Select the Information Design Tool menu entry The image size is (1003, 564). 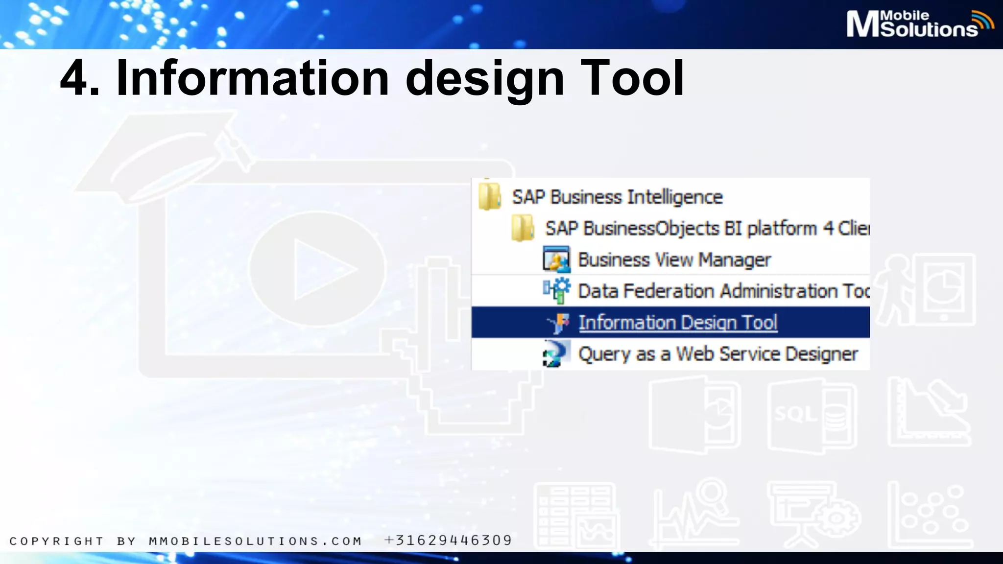(x=678, y=323)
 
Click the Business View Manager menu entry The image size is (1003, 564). (x=674, y=260)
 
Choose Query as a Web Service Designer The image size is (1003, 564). (x=718, y=354)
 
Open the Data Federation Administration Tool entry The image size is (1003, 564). (x=723, y=291)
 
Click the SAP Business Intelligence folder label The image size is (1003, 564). (x=617, y=197)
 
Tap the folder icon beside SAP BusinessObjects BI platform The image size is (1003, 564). (x=523, y=228)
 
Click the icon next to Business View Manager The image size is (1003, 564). (x=556, y=259)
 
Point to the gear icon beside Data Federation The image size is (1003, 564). (x=557, y=290)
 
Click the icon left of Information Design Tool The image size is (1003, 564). (x=558, y=323)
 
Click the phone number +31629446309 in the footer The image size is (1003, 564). (x=448, y=540)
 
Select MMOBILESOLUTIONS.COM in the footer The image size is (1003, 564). (x=255, y=541)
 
